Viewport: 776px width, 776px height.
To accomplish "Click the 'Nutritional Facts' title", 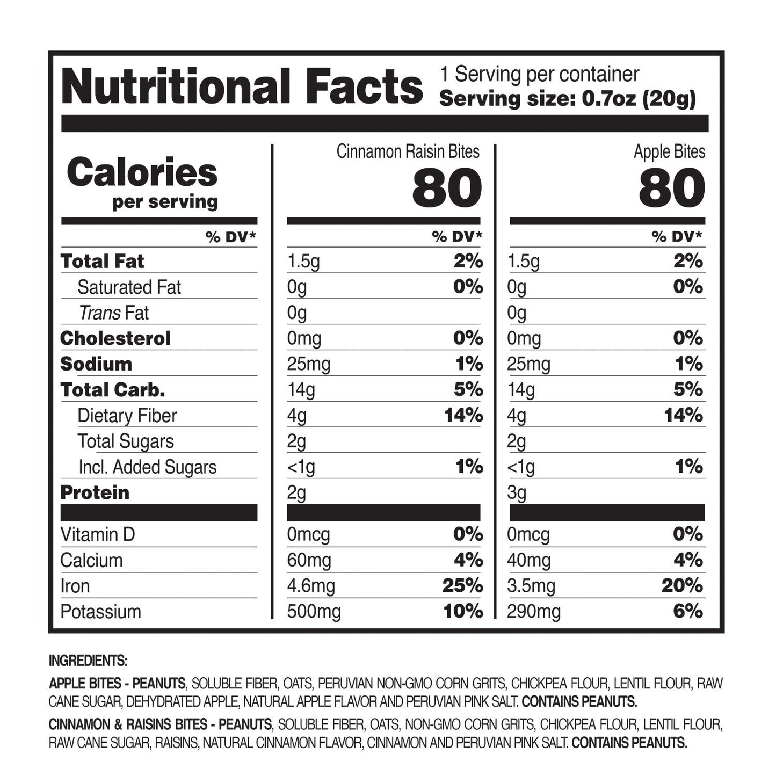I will [x=242, y=87].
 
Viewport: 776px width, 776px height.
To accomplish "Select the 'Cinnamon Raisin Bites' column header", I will [x=408, y=152].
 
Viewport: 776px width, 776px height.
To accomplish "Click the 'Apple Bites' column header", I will [x=669, y=152].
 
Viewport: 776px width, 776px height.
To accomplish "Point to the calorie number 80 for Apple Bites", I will [x=671, y=188].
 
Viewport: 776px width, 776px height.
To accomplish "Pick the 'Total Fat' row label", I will [x=102, y=262].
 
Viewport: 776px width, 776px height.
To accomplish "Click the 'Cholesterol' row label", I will [x=115, y=338].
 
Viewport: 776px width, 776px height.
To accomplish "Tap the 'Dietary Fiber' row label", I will [x=127, y=416].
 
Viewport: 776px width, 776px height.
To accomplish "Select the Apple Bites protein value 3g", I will [x=517, y=493].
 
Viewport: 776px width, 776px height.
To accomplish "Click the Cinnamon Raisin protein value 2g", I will [x=296, y=493].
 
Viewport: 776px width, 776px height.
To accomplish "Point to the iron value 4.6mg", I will [x=311, y=586].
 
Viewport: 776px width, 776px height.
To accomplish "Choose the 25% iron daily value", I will [x=462, y=586].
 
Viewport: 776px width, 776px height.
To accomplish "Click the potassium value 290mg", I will [x=534, y=612].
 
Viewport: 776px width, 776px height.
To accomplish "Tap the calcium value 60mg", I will [x=309, y=561].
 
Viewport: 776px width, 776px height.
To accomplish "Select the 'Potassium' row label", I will [x=100, y=612].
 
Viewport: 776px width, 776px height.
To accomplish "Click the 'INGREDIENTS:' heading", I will [x=88, y=661].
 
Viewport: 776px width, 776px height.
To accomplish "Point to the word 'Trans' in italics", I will [x=99, y=313].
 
